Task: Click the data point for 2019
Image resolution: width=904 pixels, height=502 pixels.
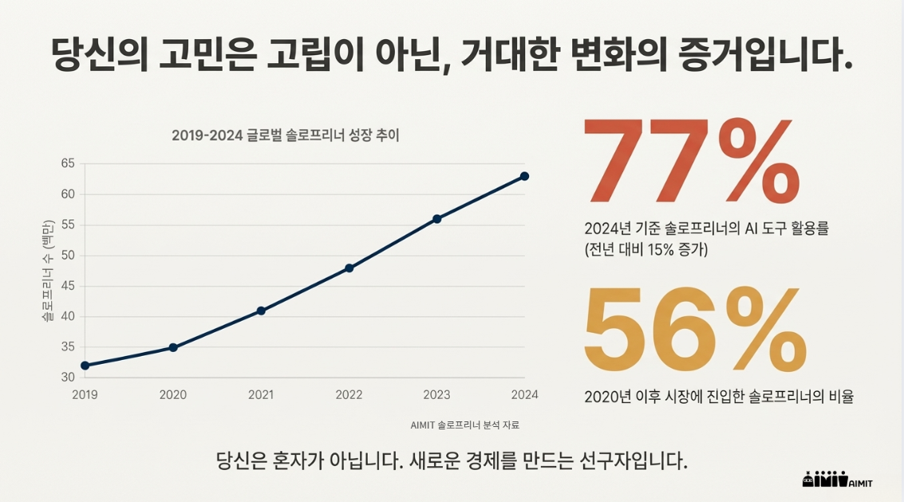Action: pyautogui.click(x=85, y=366)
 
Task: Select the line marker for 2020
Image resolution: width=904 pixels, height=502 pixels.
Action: pyautogui.click(x=173, y=348)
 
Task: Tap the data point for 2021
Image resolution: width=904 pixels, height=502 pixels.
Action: pyautogui.click(x=261, y=310)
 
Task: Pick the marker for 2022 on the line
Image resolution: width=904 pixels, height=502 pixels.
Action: pyautogui.click(x=349, y=268)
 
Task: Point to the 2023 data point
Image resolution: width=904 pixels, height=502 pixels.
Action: pyautogui.click(x=436, y=219)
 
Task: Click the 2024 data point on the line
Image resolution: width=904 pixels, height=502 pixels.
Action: pyautogui.click(x=524, y=176)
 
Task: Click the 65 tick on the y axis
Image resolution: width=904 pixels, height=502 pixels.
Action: pyautogui.click(x=67, y=164)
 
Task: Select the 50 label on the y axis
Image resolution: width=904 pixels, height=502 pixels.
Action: pyautogui.click(x=67, y=255)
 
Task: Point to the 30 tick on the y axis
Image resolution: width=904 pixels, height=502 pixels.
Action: pyautogui.click(x=67, y=377)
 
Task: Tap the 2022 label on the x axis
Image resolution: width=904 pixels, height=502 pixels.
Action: pyautogui.click(x=349, y=394)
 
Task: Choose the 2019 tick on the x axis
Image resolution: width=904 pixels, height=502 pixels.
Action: pyautogui.click(x=85, y=394)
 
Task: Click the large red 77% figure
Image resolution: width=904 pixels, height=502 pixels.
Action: pyautogui.click(x=691, y=162)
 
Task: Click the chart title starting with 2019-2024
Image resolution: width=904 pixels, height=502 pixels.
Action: pyautogui.click(x=286, y=136)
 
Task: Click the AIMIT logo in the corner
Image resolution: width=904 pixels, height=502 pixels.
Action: pyautogui.click(x=835, y=479)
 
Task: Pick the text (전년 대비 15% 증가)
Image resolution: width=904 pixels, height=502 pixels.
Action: pyautogui.click(x=645, y=249)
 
